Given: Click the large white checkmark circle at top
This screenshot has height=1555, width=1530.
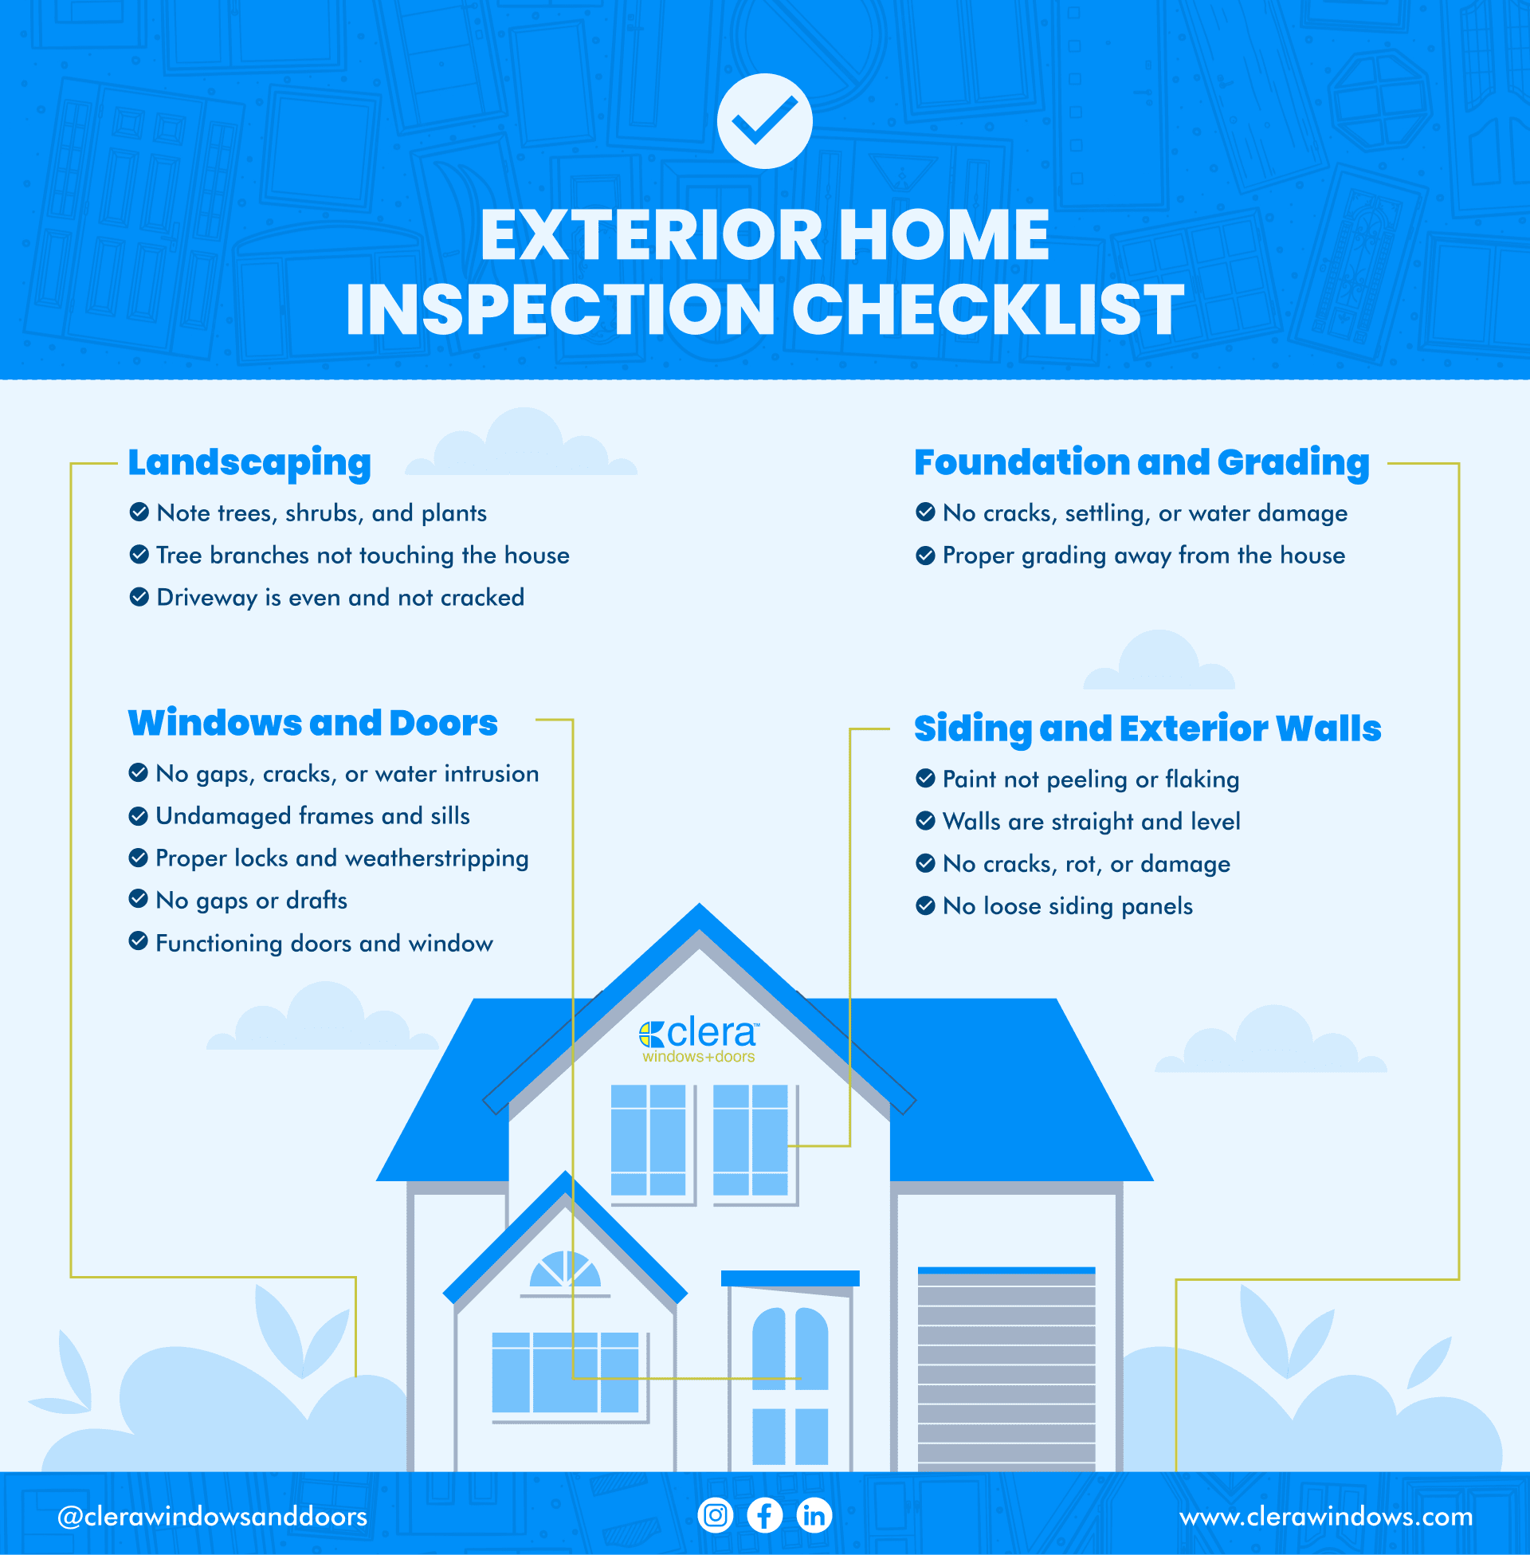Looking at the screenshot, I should pos(764,121).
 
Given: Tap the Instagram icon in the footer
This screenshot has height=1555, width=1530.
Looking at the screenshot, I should pos(715,1516).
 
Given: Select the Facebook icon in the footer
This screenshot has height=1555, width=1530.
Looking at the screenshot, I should pos(764,1516).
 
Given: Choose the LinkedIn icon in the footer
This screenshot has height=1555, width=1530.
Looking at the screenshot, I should pos(814,1516).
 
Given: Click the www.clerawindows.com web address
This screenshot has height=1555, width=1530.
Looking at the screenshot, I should pos(1326,1517).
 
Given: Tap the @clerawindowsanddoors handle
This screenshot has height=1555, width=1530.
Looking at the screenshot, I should pos(212,1517).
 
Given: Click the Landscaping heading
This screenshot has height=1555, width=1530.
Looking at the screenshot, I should pos(249,463).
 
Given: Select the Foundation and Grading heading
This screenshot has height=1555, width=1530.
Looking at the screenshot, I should pos(1141,463).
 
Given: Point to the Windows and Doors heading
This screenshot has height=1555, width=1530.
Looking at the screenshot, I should pos(312,722).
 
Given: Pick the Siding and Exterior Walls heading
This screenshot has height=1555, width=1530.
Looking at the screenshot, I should pos(1147,728).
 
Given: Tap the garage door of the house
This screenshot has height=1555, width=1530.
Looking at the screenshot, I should pos(1006,1370).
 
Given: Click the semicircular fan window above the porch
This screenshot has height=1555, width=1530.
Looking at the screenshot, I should pos(565,1270).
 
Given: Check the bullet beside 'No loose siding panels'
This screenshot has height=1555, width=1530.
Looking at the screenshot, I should pos(925,905).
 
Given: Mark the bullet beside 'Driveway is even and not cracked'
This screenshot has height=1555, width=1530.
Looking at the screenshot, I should pos(139,597).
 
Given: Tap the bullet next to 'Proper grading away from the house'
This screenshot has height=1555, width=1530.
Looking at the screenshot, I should pos(925,556).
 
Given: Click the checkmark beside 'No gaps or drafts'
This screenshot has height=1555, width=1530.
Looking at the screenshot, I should pos(138,899).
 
